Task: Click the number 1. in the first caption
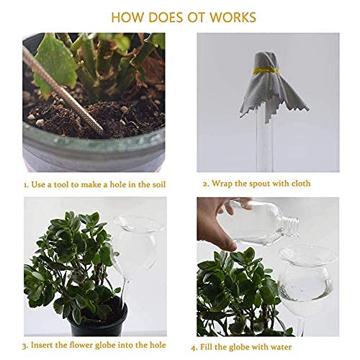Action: click(x=27, y=184)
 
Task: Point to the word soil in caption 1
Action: click(x=158, y=184)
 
